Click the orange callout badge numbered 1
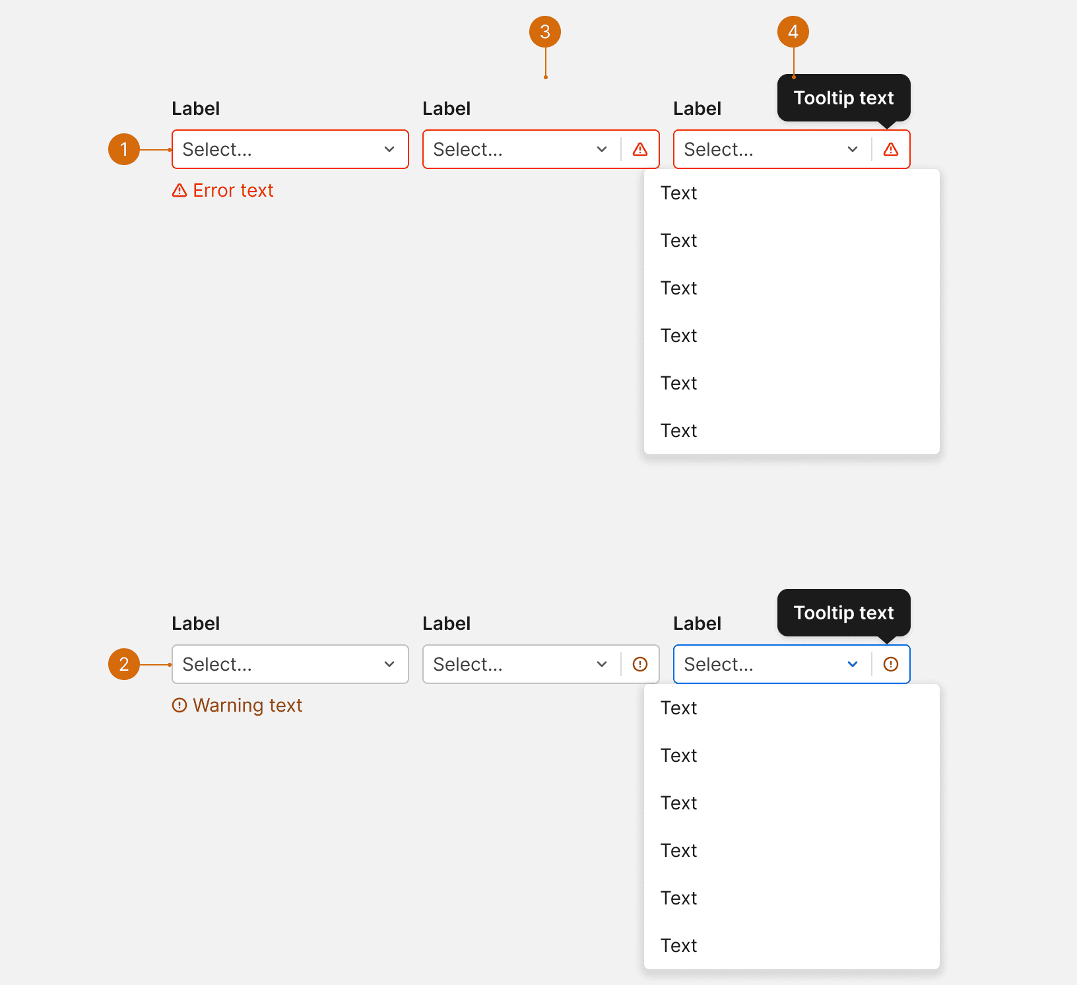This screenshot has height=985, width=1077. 124,149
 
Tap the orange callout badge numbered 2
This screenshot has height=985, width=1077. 124,664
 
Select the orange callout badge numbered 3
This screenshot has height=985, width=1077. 545,32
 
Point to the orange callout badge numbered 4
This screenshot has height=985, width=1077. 793,32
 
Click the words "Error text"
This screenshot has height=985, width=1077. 233,190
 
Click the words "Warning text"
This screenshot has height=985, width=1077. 247,705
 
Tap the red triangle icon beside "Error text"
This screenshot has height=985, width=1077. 179,190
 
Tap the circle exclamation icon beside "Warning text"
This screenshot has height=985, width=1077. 179,705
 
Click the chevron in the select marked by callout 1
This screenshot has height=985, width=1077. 389,149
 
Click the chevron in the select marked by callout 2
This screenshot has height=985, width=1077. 389,664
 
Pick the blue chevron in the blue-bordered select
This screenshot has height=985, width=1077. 853,664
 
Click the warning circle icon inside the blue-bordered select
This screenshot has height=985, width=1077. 891,664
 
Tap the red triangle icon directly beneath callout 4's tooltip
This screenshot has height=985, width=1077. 891,149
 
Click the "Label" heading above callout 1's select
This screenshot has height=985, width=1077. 196,108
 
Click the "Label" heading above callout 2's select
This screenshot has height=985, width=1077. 196,623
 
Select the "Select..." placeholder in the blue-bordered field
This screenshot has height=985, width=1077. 719,664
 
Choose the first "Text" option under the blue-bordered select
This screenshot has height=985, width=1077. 679,708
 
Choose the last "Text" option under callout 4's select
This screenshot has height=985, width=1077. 679,430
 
